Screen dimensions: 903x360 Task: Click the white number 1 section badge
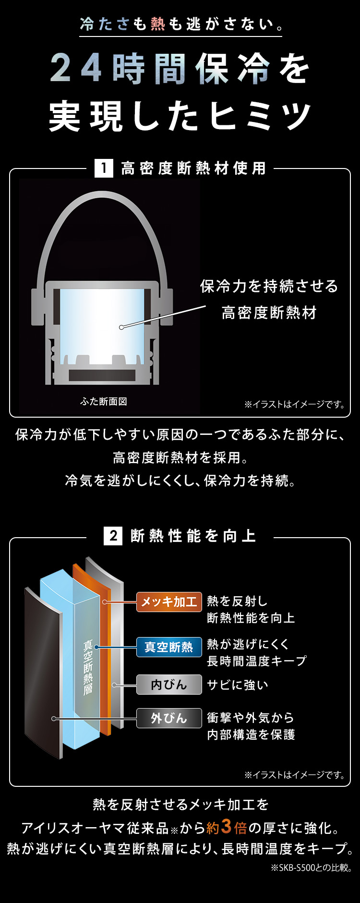tap(104, 169)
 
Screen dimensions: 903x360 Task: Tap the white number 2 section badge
tap(113, 536)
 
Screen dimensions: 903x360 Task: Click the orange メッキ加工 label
tap(169, 602)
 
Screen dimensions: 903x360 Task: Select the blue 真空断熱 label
tap(169, 647)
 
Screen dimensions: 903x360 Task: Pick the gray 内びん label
tap(169, 685)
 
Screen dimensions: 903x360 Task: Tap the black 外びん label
tap(169, 718)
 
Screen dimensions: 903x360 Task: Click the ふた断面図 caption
tap(104, 401)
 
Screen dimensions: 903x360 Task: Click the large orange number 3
tap(227, 826)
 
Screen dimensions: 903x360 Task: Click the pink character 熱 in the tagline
tap(158, 24)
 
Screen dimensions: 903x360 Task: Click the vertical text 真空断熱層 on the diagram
tap(88, 667)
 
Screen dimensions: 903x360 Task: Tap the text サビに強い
tap(238, 685)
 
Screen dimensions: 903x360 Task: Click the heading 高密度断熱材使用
tap(193, 169)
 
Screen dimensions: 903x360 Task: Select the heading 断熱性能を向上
tap(193, 536)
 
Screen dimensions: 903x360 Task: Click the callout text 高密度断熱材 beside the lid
tap(269, 313)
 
